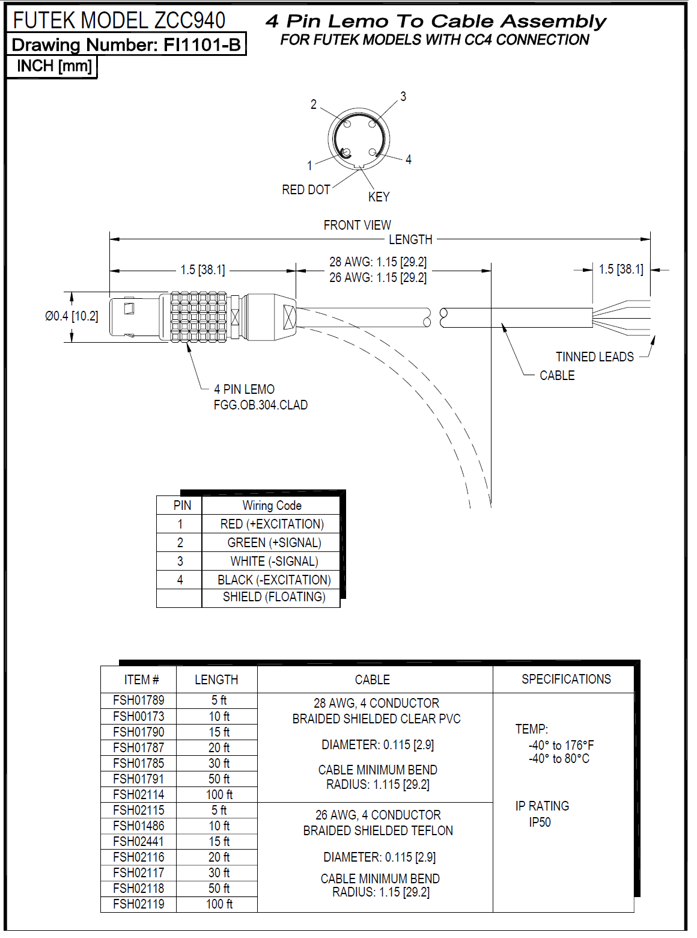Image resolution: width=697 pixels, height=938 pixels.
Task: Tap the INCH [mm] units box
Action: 54,66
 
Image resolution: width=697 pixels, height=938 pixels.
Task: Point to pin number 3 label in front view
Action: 403,96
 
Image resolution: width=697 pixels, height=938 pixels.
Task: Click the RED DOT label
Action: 306,190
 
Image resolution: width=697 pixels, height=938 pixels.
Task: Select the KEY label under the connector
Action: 379,197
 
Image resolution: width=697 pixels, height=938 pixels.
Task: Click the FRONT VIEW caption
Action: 357,225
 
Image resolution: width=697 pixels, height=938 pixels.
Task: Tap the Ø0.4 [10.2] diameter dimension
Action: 72,316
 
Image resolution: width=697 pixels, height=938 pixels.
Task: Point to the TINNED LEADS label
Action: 594,357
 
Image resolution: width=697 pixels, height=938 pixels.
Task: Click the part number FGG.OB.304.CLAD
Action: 261,405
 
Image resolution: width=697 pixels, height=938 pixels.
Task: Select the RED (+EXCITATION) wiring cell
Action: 272,524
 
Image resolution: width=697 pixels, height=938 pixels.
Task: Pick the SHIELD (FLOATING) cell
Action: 274,597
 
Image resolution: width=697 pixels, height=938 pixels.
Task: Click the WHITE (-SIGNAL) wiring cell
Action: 274,562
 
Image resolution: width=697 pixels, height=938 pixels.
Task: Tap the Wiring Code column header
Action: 272,506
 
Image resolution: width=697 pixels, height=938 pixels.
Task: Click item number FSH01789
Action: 138,700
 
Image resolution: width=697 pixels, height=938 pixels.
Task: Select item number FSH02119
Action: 138,904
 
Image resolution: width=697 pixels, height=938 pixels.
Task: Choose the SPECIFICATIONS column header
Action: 566,679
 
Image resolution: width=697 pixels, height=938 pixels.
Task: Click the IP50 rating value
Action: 540,823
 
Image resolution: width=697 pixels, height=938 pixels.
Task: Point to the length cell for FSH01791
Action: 219,779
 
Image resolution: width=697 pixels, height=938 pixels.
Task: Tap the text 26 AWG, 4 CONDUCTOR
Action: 378,815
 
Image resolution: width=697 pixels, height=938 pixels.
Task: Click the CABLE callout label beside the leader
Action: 557,376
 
